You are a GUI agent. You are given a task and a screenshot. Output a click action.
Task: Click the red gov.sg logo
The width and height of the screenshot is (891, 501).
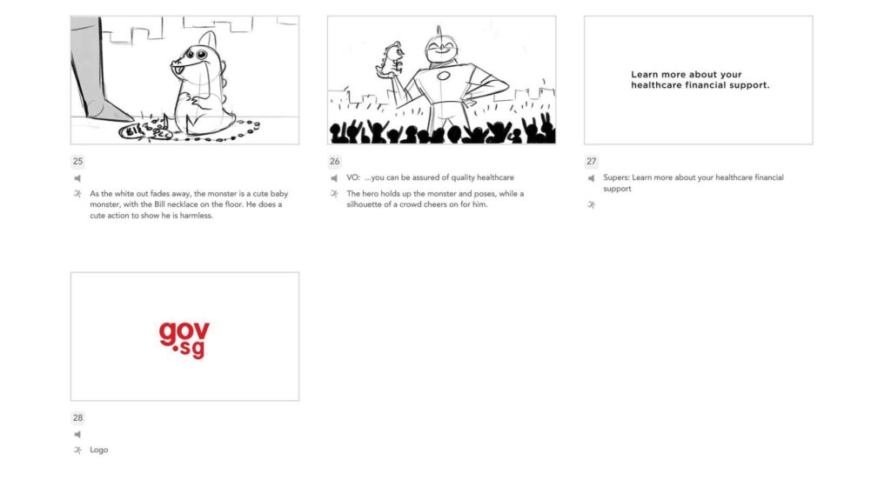[x=184, y=340]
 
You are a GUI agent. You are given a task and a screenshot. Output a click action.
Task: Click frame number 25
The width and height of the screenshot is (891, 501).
[x=77, y=161]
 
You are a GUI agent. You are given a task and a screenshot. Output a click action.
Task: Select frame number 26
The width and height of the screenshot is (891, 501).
[x=335, y=161]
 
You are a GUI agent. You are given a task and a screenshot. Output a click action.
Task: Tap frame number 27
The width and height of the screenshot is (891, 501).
[x=592, y=161]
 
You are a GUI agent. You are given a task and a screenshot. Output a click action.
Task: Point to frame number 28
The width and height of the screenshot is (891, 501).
[x=77, y=417]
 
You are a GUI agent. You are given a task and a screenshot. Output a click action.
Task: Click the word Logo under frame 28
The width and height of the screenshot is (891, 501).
[x=99, y=450]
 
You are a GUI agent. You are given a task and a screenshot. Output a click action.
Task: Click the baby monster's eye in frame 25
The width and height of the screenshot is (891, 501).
[x=202, y=55]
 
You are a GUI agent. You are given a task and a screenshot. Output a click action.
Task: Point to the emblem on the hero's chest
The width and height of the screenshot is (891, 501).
[x=444, y=76]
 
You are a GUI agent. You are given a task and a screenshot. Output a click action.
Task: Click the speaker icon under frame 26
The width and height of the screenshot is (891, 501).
[x=334, y=178]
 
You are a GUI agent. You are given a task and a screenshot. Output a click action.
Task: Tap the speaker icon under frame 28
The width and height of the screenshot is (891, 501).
[x=77, y=435]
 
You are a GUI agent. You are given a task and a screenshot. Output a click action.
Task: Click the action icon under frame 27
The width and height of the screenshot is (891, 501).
[x=591, y=205]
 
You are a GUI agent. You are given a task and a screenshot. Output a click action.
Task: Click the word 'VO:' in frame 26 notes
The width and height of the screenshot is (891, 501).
[x=353, y=177]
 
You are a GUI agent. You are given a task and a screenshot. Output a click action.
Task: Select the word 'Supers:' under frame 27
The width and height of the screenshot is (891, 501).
[x=617, y=177]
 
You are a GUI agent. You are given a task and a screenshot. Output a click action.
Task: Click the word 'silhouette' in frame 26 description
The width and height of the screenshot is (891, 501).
[x=365, y=204]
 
